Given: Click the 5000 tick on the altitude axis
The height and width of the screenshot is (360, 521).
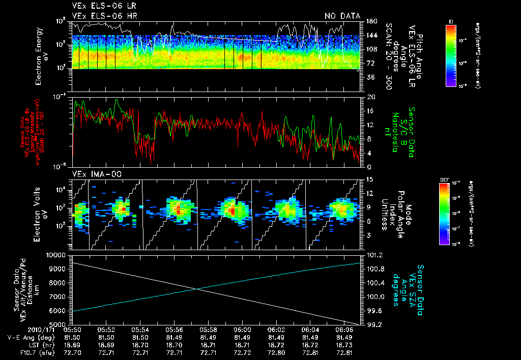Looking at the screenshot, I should tap(59, 324).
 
